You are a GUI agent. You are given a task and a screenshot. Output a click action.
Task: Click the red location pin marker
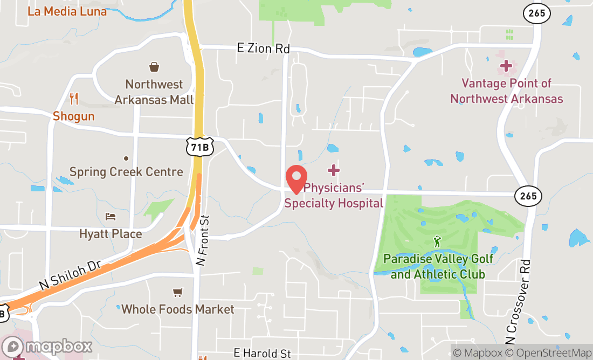[x=296, y=178]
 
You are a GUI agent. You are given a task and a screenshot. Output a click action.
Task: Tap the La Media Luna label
[x=67, y=11]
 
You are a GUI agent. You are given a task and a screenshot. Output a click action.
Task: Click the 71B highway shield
[x=199, y=147]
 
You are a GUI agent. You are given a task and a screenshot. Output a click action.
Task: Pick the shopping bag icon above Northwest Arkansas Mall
[x=154, y=67]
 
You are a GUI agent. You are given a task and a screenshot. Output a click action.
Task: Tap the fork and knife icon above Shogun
[x=74, y=99]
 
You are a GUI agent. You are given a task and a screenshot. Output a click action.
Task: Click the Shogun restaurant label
[x=74, y=116]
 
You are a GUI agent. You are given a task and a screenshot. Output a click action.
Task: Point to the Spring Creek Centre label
[x=126, y=172]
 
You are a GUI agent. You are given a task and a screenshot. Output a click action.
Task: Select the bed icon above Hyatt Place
[x=111, y=217]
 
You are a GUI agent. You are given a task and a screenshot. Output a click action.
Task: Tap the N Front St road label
[x=202, y=240]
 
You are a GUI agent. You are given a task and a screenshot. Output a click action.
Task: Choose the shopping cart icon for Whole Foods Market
[x=177, y=292]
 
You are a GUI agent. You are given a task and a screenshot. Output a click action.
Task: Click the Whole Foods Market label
[x=178, y=309]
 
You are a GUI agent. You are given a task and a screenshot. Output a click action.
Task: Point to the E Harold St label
[x=263, y=354]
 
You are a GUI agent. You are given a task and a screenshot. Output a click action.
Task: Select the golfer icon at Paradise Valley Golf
[x=438, y=241]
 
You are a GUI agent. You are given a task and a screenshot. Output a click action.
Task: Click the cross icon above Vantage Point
[x=506, y=66]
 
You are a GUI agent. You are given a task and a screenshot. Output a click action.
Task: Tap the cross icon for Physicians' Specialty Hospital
[x=334, y=171]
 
